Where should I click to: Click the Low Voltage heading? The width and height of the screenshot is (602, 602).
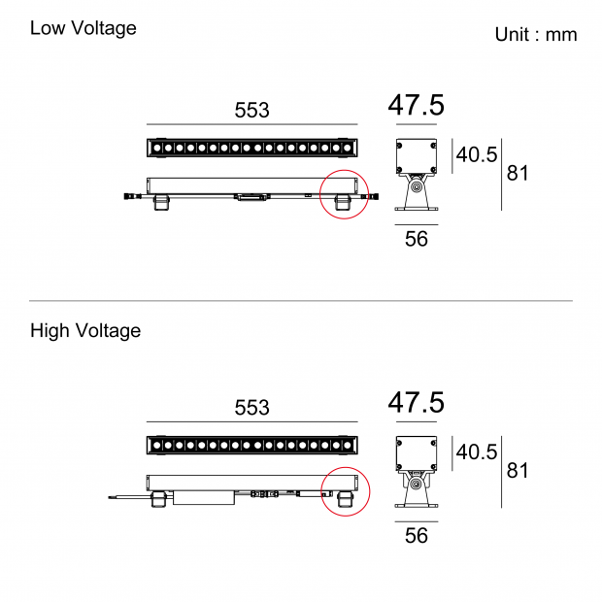pos(83,28)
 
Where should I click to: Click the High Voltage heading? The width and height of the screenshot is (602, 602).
pos(85,331)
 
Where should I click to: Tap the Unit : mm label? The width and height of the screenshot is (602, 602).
pos(535,35)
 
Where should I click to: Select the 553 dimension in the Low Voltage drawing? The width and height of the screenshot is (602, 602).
pos(251,111)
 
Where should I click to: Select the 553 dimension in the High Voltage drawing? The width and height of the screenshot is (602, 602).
pos(251,408)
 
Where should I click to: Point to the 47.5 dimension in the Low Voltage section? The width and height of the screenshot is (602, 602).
pos(416,105)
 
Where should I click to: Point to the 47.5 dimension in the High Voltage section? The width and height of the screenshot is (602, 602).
pos(416,402)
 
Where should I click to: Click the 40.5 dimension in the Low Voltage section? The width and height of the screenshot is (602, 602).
pos(477,155)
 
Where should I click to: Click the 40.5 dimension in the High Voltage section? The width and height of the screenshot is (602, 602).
pos(477,452)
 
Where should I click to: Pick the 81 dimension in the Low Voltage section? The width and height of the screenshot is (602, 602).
pos(518,174)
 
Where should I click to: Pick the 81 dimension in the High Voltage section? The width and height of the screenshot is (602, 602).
pos(518,471)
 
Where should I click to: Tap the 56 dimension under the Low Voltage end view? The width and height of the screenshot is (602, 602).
pos(416,239)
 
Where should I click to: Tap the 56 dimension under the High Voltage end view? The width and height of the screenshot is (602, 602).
pos(416,536)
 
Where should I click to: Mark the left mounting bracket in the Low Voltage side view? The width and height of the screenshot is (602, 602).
pos(160,202)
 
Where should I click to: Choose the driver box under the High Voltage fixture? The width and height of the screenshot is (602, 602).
pos(203,498)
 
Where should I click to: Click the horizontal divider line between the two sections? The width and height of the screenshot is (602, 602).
pos(301,301)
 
